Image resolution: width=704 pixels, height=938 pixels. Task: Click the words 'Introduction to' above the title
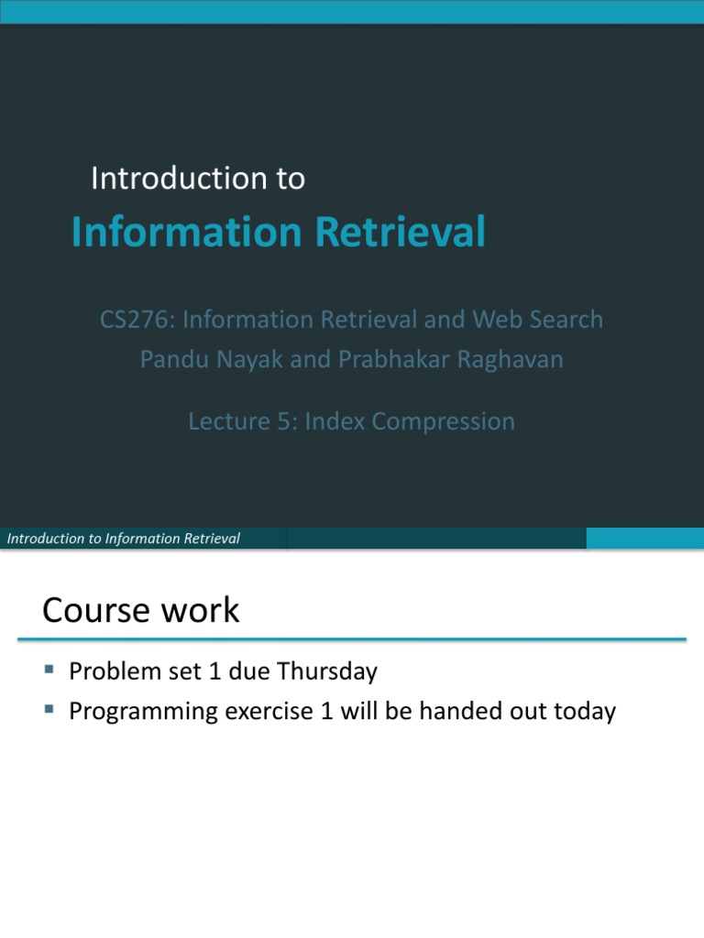[197, 179]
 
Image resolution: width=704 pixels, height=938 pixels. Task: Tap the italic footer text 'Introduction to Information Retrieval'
[124, 539]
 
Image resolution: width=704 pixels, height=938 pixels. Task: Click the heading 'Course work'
[141, 610]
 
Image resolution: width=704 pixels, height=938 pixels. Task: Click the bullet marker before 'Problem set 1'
[49, 671]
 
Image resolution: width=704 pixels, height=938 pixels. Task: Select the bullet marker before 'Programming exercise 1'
[49, 710]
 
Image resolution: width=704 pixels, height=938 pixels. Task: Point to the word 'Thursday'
[327, 671]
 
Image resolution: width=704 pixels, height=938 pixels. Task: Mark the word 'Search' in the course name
[566, 320]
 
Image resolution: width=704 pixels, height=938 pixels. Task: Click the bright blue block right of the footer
[644, 539]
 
